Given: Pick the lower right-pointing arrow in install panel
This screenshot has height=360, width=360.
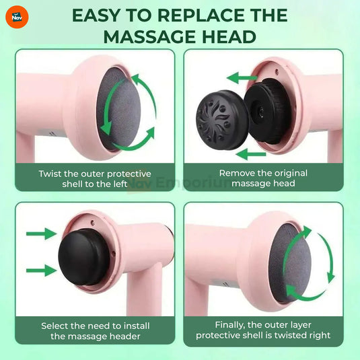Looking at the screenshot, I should pos(40,271).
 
